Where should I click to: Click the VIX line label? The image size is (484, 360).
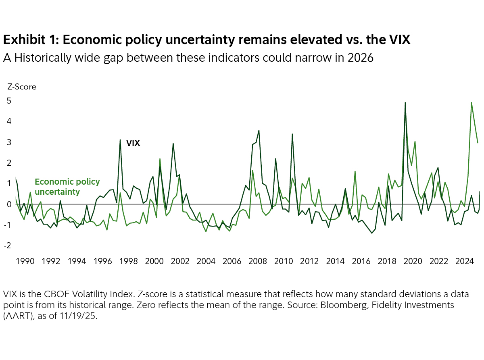click(x=133, y=143)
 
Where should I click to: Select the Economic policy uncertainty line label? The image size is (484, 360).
click(x=67, y=186)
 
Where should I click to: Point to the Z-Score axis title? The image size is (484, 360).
click(x=21, y=87)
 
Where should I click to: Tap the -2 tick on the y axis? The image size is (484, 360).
click(x=8, y=246)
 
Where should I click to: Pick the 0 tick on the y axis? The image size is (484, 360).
click(x=9, y=204)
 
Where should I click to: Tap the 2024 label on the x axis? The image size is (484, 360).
click(x=465, y=261)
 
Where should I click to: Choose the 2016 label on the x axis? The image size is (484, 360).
click(x=361, y=261)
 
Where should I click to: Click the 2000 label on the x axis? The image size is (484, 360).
click(x=154, y=261)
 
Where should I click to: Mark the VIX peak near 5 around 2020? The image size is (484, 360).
click(x=405, y=103)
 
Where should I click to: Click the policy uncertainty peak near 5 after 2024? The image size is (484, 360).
click(x=471, y=102)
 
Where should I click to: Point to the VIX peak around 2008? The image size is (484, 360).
click(x=259, y=130)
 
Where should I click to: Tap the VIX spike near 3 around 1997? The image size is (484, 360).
click(x=120, y=140)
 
